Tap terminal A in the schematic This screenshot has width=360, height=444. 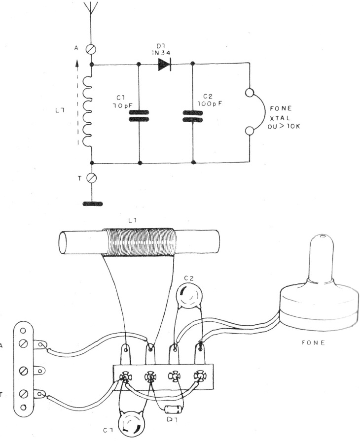(x=91, y=48)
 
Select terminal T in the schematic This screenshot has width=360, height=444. (x=91, y=178)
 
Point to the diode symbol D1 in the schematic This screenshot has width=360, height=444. (x=164, y=64)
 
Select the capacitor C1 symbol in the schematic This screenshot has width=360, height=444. (x=139, y=115)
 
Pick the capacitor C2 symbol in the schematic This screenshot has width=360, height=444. (x=192, y=115)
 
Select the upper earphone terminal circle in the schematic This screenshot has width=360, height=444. (x=251, y=93)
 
